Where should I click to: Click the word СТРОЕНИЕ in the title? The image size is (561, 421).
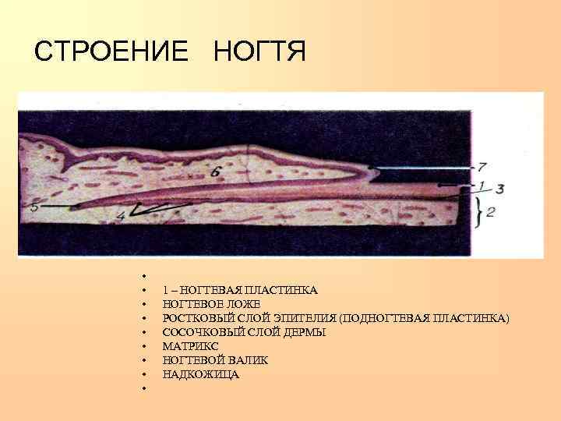pos(111,51)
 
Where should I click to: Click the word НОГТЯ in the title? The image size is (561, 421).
pos(259,51)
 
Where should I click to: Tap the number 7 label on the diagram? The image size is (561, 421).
pos(482,166)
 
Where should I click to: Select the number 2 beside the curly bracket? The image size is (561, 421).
pos(490,212)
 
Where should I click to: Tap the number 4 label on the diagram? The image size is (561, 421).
pos(120,214)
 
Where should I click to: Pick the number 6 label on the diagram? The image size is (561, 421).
pos(216,170)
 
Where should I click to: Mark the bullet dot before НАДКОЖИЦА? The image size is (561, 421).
pos(144,375)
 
